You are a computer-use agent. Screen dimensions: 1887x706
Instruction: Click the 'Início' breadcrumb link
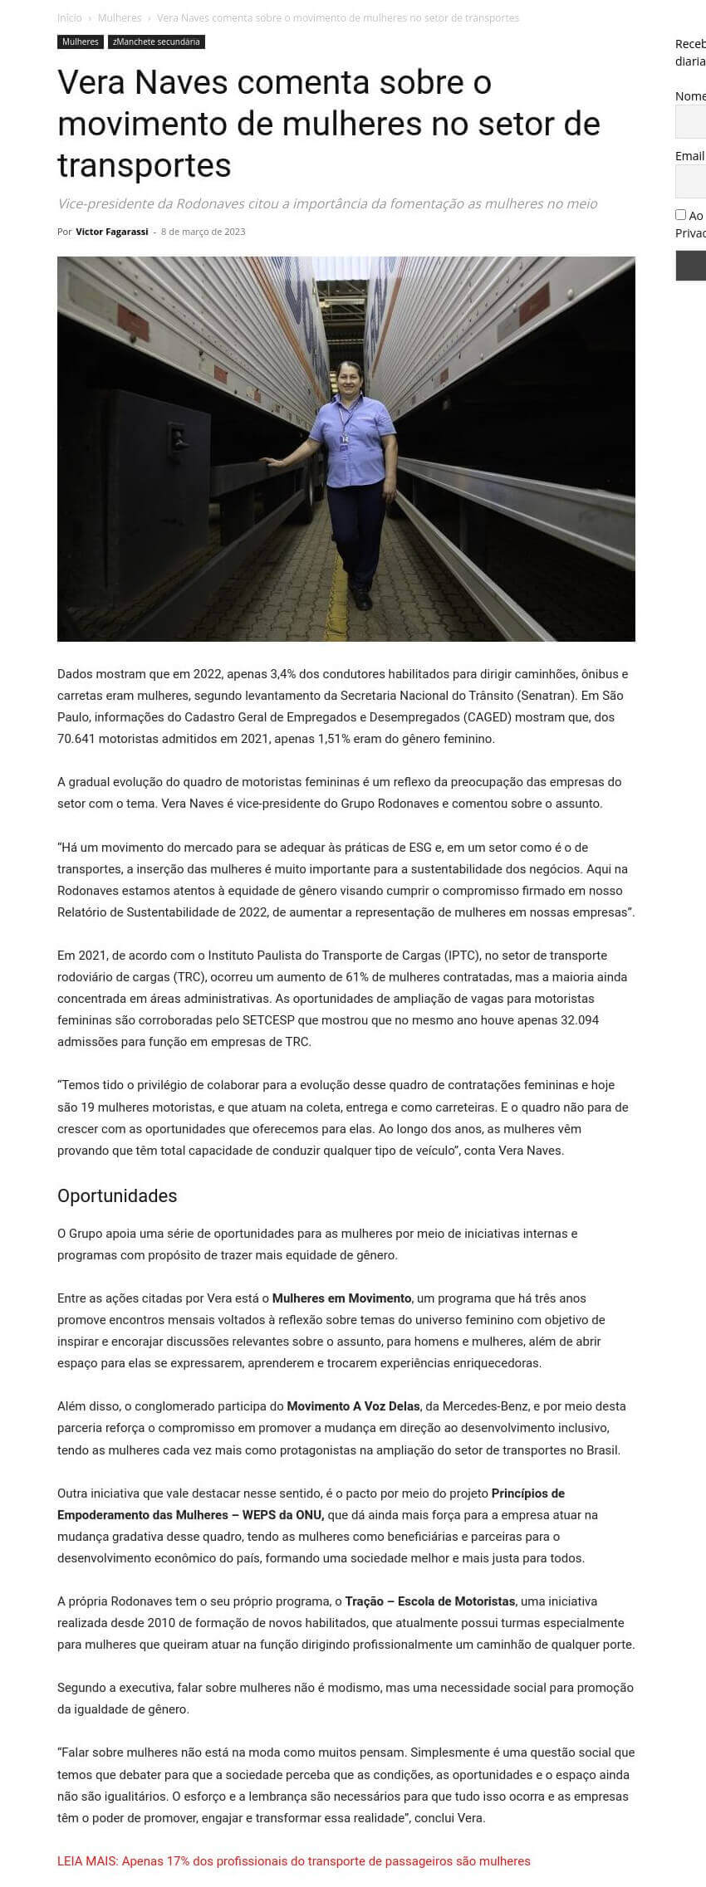click(x=70, y=17)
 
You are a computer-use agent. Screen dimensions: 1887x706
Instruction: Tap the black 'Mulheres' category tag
click(x=80, y=42)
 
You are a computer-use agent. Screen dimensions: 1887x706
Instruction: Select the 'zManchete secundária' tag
click(x=156, y=42)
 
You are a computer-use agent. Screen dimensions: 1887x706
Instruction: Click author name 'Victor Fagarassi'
click(x=111, y=232)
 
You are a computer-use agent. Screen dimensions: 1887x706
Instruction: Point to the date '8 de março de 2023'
click(x=203, y=232)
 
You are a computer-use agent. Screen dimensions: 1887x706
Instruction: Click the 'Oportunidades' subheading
click(x=117, y=1195)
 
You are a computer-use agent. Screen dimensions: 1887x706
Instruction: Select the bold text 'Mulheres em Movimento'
click(x=341, y=1298)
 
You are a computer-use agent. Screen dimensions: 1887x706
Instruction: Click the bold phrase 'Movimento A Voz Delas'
click(x=353, y=1406)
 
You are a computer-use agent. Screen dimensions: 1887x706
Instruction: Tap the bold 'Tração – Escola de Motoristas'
click(x=429, y=1601)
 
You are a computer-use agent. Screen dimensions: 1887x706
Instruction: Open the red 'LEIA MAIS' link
click(x=293, y=1860)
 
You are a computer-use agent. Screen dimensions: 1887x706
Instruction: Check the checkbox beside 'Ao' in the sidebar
click(x=680, y=214)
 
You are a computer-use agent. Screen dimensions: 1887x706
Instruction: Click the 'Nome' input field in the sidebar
click(x=691, y=121)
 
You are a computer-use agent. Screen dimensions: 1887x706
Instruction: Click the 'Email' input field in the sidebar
click(x=691, y=181)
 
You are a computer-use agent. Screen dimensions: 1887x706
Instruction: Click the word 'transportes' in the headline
click(x=145, y=165)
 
